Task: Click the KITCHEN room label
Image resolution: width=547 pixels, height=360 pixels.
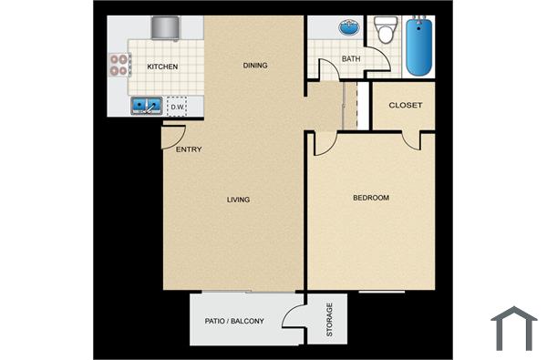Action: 163,67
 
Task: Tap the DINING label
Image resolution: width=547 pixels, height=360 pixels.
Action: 254,65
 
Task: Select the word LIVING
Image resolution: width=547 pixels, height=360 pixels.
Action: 239,200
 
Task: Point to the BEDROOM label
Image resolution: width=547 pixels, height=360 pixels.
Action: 371,198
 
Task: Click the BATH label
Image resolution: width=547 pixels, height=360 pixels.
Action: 351,60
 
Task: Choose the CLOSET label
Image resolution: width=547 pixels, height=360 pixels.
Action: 406,105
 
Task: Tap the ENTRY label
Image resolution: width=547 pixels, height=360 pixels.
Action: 189,149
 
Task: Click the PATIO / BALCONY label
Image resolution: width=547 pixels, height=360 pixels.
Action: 235,321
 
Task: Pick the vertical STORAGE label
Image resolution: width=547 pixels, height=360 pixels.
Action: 329,319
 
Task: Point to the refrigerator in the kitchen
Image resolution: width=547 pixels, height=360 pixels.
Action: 166,28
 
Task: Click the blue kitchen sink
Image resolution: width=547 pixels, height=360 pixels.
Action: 146,107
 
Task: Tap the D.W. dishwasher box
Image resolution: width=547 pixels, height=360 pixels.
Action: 177,107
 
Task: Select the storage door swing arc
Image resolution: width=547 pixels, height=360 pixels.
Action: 294,315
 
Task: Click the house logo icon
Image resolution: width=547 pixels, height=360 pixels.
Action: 513,328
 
